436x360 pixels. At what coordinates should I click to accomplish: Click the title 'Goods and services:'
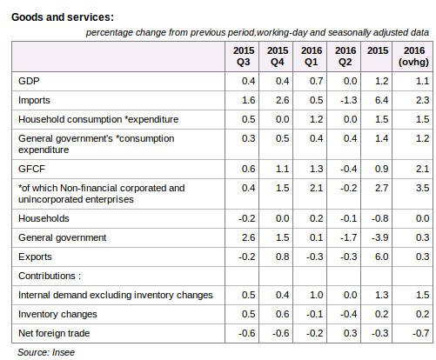tap(63, 17)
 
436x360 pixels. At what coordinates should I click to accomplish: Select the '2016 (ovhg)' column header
tap(413, 57)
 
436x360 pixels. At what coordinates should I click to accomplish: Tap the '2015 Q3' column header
tap(244, 57)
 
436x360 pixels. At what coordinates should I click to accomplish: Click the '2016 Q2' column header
tap(345, 57)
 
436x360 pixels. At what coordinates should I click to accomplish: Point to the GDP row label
tap(29, 81)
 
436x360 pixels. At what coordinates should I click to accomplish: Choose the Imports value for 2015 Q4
tap(282, 100)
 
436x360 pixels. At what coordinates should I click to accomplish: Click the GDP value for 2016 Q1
tap(316, 81)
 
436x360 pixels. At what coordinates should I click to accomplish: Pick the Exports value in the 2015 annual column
tap(381, 257)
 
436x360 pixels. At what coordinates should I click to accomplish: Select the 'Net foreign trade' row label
tap(54, 333)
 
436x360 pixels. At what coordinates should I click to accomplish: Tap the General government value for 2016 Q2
tap(349, 237)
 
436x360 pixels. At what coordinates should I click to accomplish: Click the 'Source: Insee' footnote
tap(46, 352)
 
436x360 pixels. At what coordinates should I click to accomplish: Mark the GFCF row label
tap(31, 169)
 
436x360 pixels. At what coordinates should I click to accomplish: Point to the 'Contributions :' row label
tap(50, 276)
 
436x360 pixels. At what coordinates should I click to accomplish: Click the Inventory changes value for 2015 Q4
tap(282, 314)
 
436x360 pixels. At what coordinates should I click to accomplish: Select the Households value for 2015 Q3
tap(247, 218)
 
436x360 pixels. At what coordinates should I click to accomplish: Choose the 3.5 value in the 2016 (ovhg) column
tap(422, 188)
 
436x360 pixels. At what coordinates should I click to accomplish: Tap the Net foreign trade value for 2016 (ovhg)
tap(421, 333)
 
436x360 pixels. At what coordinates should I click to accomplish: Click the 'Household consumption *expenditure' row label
tap(98, 119)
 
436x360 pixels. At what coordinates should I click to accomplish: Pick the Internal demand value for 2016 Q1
tap(316, 295)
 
